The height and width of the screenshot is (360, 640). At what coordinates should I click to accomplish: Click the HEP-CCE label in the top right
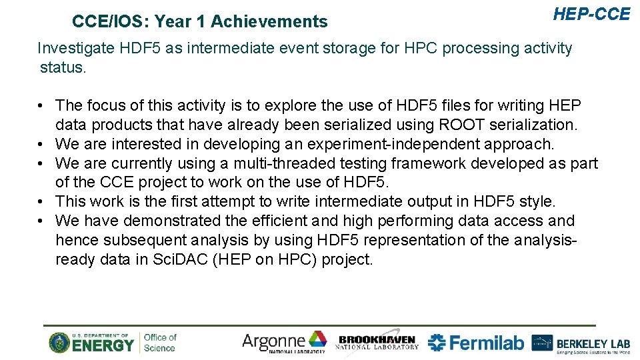pyautogui.click(x=591, y=13)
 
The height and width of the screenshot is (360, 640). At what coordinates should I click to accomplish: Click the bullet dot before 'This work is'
pyautogui.click(x=41, y=201)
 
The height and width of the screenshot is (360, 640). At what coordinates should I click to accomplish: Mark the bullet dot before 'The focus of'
pyautogui.click(x=41, y=106)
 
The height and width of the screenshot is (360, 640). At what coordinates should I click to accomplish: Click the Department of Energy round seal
pyautogui.click(x=59, y=343)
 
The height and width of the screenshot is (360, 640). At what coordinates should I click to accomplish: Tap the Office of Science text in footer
pyautogui.click(x=160, y=343)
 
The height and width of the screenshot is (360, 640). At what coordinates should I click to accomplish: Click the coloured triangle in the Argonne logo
pyautogui.click(x=318, y=339)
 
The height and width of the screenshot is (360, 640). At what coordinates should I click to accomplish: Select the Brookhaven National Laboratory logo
pyautogui.click(x=377, y=342)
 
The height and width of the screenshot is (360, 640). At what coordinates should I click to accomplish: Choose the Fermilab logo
pyautogui.click(x=475, y=343)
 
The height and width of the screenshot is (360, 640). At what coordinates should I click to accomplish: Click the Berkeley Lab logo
pyautogui.click(x=581, y=343)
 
